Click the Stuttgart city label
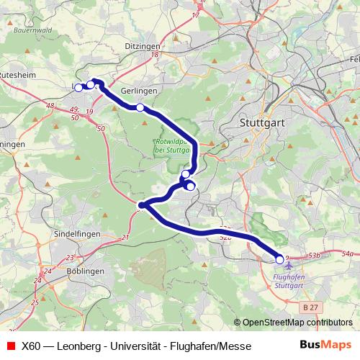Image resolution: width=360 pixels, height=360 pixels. pyautogui.click(x=261, y=123)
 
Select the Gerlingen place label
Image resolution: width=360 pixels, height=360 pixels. pyautogui.click(x=139, y=91)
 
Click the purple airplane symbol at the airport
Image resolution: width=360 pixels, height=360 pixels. pyautogui.click(x=289, y=267)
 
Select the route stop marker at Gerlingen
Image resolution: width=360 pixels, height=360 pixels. pyautogui.click(x=140, y=108)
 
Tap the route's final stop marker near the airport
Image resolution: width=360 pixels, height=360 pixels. pyautogui.click(x=280, y=260)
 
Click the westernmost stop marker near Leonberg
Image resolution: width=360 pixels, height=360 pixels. pyautogui.click(x=78, y=88)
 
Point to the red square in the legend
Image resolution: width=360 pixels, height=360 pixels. pyautogui.click(x=10, y=346)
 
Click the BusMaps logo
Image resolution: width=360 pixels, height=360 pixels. pyautogui.click(x=325, y=345)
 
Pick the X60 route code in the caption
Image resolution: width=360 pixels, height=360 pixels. pyautogui.click(x=31, y=346)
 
